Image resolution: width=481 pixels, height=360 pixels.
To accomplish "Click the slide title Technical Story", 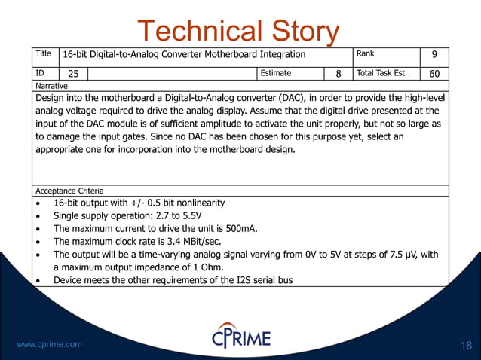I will (238, 32).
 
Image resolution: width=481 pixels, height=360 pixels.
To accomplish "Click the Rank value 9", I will (434, 56).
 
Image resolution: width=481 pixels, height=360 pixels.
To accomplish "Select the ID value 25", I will (74, 74).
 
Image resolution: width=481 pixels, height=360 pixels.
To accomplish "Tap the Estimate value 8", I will (339, 74).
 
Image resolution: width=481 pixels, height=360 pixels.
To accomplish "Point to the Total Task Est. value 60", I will (434, 74).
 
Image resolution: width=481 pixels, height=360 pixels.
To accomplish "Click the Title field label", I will (44, 53).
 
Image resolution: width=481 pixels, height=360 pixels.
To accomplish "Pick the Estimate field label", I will (276, 73).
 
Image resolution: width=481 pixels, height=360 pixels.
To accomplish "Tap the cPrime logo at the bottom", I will (240, 336).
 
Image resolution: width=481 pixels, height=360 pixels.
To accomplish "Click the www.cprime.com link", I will (49, 344).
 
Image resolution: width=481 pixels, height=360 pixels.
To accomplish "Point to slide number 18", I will (465, 345).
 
